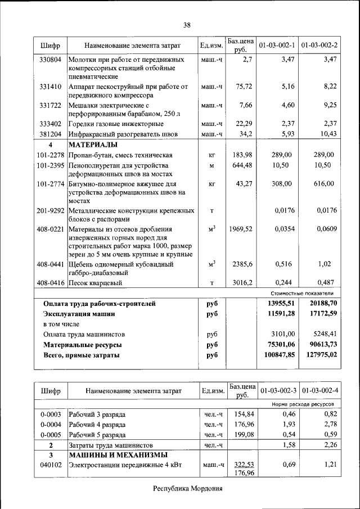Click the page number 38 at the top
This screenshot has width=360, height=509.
point(187,24)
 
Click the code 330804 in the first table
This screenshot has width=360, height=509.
point(51,59)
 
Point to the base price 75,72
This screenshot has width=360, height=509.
point(244,87)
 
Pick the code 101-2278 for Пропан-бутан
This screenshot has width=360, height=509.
point(51,155)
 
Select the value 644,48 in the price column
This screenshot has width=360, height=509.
point(243,165)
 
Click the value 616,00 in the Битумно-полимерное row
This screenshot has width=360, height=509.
point(323,184)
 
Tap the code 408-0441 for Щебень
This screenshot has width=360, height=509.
point(51,264)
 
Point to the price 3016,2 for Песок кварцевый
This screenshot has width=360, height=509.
point(243,282)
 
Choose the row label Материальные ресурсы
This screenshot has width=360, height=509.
point(83,344)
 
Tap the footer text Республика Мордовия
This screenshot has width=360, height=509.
point(188,488)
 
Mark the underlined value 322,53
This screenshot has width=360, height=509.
point(243,465)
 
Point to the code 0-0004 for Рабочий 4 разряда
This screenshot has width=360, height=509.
point(51,425)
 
